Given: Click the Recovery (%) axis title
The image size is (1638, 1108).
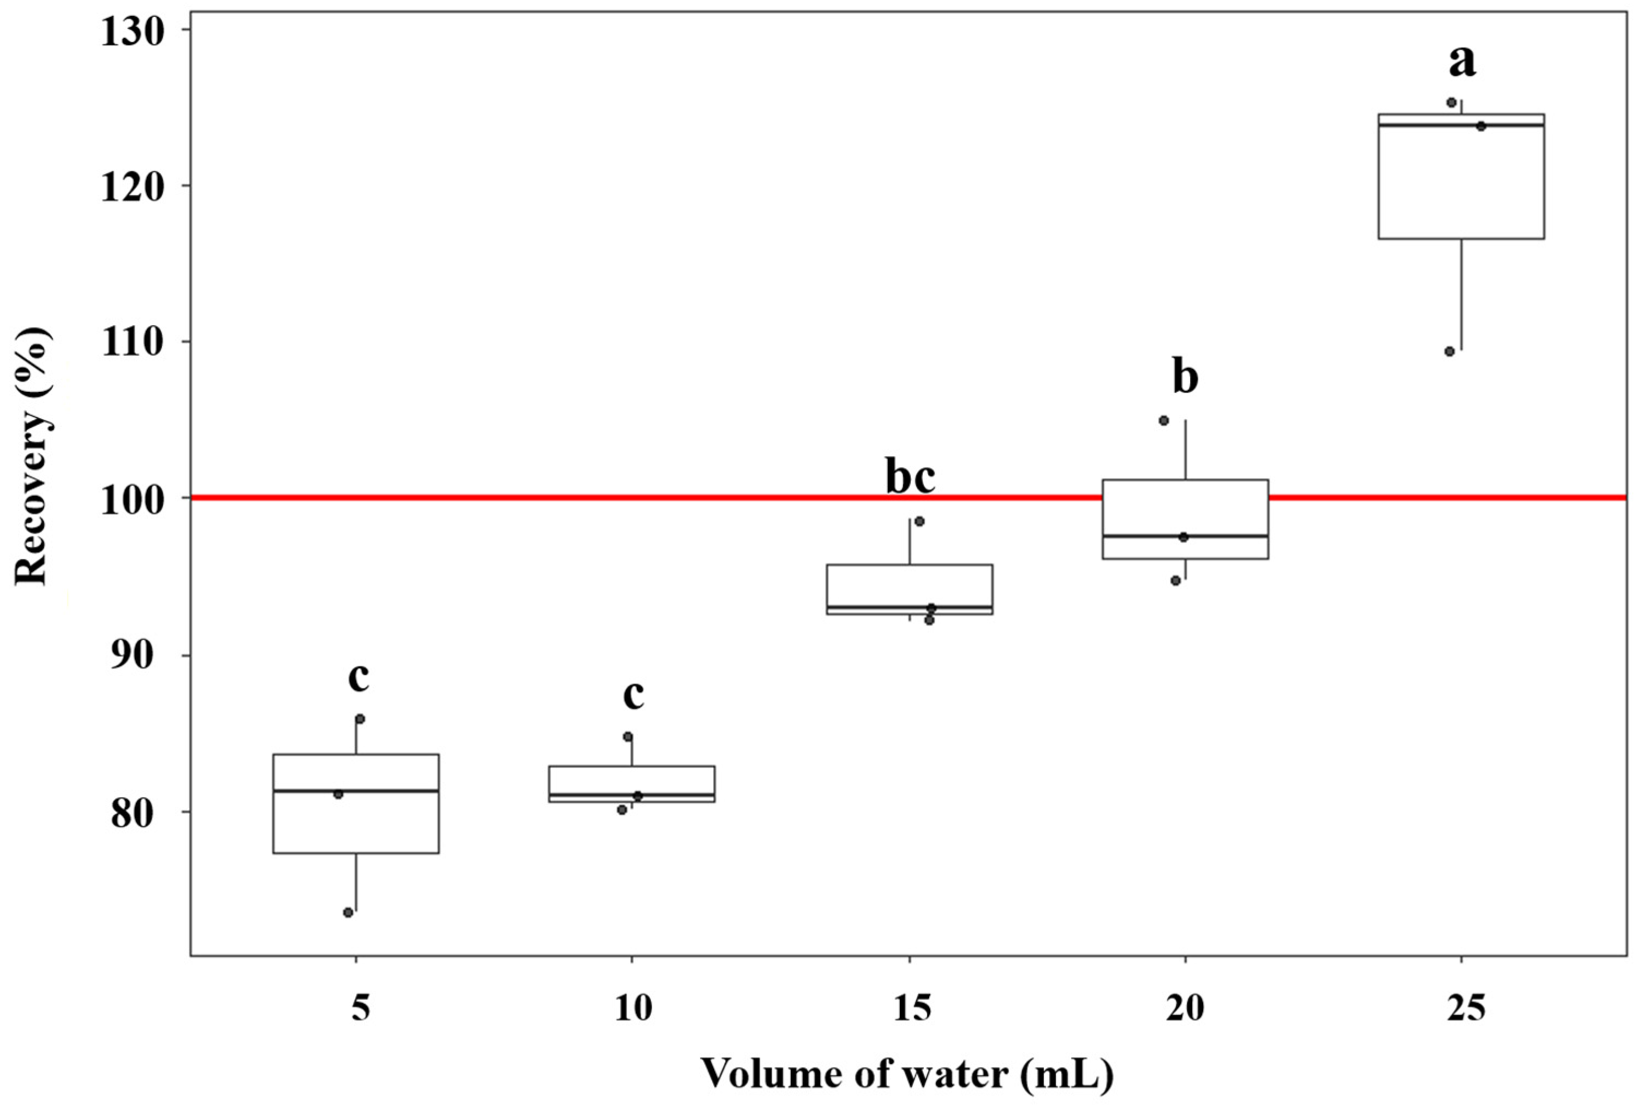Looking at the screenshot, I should click(x=31, y=455).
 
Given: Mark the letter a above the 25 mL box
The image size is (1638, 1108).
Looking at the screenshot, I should click(x=1461, y=61).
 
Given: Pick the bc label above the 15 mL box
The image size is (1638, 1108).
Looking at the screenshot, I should click(x=910, y=478).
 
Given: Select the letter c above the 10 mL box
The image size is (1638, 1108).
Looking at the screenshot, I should click(x=633, y=694).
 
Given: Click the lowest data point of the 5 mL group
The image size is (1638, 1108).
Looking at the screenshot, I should click(x=348, y=913).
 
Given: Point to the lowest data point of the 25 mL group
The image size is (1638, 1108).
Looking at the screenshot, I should click(x=1450, y=352).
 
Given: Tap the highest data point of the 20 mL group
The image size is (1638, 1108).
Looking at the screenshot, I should click(x=1164, y=421).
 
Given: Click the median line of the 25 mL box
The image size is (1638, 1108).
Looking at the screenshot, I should click(x=1461, y=125).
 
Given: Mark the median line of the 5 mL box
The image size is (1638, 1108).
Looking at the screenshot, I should click(x=356, y=791).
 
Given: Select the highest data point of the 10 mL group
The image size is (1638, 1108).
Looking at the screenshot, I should click(x=627, y=736).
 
